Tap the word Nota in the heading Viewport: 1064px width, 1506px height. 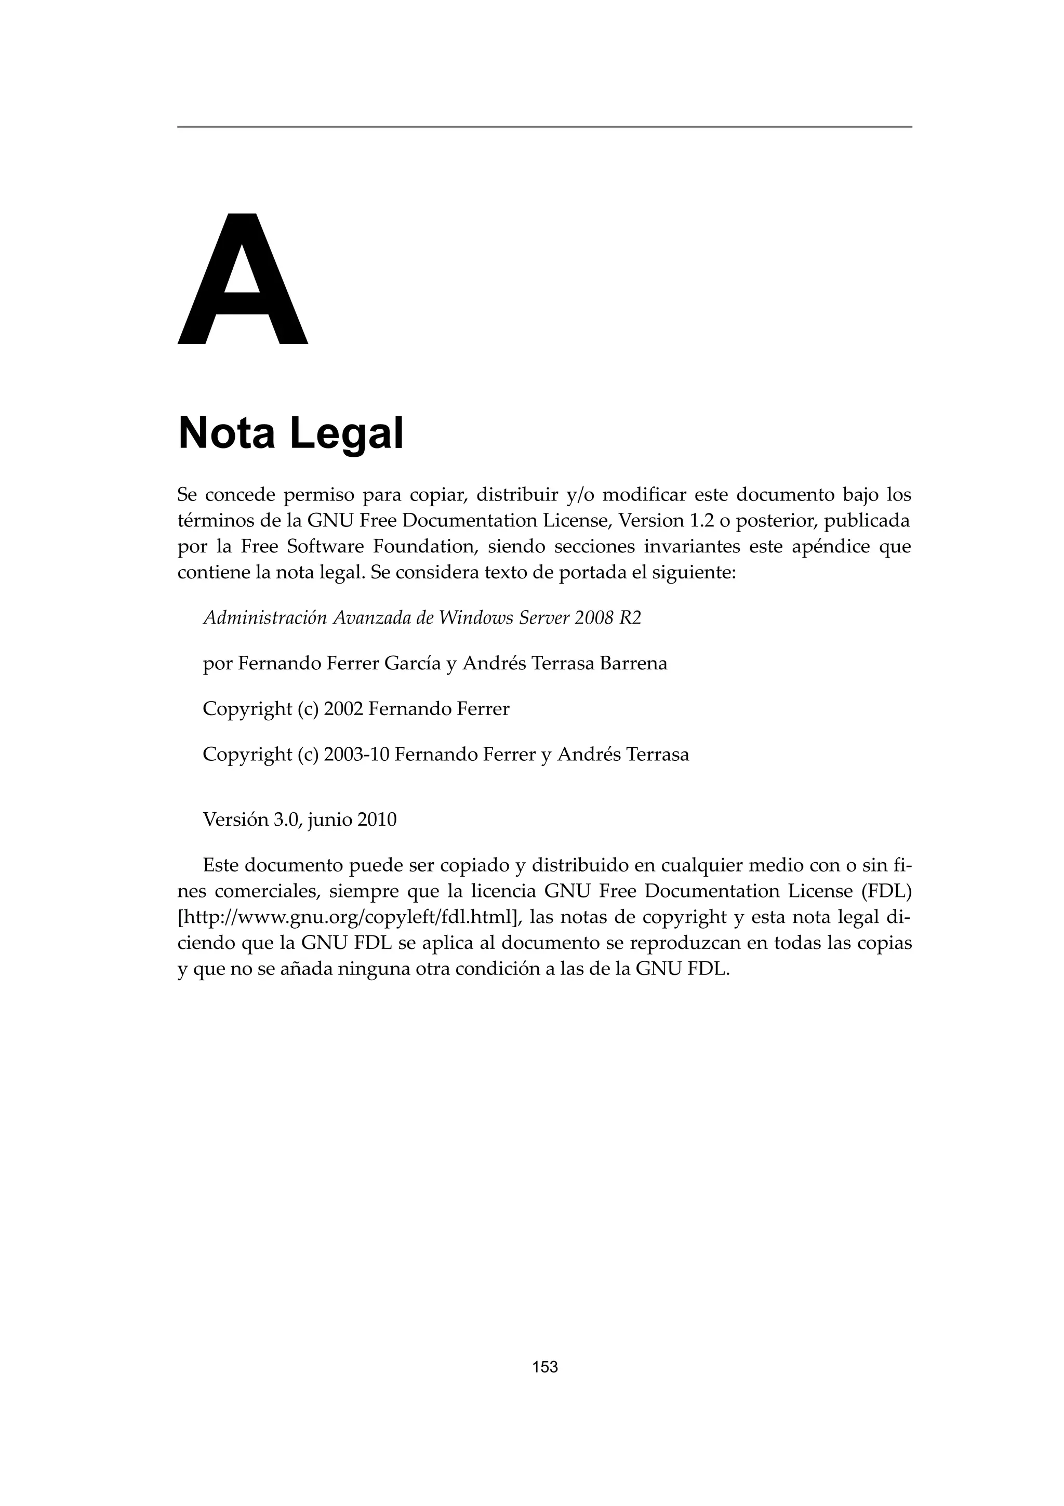pyautogui.click(x=226, y=433)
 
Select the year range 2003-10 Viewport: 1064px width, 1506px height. pyautogui.click(x=357, y=755)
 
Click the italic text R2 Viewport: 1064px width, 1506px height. pyautogui.click(x=630, y=618)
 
